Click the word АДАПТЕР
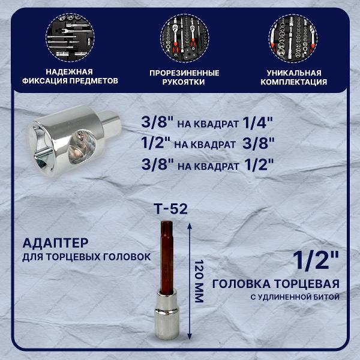coord(55,244)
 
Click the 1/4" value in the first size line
coord(259,122)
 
